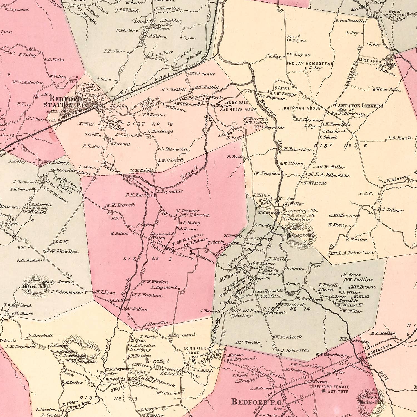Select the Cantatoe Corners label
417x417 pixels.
click(358, 106)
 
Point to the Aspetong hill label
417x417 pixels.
click(300, 235)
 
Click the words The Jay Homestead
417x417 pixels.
click(310, 64)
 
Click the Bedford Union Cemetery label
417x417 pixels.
click(246, 313)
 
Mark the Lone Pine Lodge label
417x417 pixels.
click(192, 351)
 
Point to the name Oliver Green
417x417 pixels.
click(388, 90)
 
